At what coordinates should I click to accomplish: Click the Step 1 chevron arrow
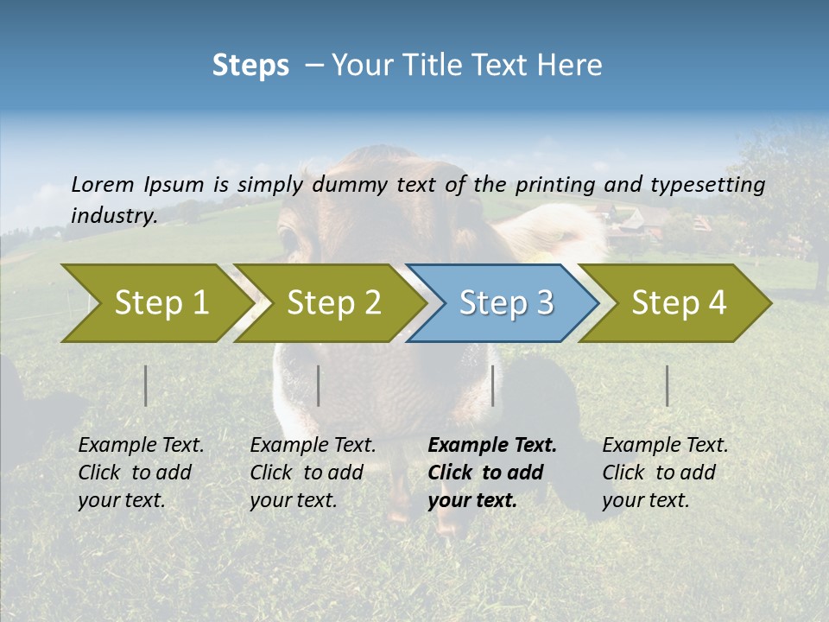coord(155,303)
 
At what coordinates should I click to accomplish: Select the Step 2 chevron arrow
coord(328,303)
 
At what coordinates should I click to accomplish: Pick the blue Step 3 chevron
coord(501,303)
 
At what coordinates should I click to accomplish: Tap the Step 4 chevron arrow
coord(674,303)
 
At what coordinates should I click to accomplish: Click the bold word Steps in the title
coord(250,65)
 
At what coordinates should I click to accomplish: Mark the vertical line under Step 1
coord(146,385)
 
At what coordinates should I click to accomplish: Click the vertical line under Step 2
coord(319,385)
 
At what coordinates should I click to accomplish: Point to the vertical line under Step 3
coord(493,385)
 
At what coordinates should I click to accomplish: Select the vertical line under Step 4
coord(668,385)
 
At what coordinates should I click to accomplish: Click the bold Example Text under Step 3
coord(492,446)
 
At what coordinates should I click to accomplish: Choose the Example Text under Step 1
coord(141,446)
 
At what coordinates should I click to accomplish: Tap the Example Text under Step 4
coord(665,446)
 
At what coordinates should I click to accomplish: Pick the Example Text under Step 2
coord(313,446)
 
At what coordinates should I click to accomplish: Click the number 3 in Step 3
coord(544,303)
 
